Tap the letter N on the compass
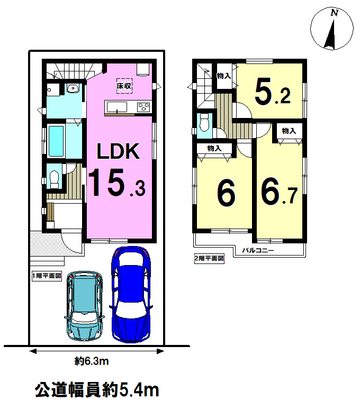[335, 13]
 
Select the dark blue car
[131, 295]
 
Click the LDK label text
[118, 151]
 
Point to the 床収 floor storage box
[124, 86]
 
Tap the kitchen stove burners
[143, 107]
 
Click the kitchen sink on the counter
[117, 107]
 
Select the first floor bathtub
[56, 141]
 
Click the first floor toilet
[54, 179]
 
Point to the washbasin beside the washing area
[73, 88]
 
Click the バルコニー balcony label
[258, 250]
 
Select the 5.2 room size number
[272, 92]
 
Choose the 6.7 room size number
[279, 192]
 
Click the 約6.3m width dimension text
[92, 361]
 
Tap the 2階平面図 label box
[209, 258]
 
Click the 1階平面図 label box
[47, 276]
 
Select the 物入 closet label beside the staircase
[223, 76]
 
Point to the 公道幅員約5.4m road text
[97, 390]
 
